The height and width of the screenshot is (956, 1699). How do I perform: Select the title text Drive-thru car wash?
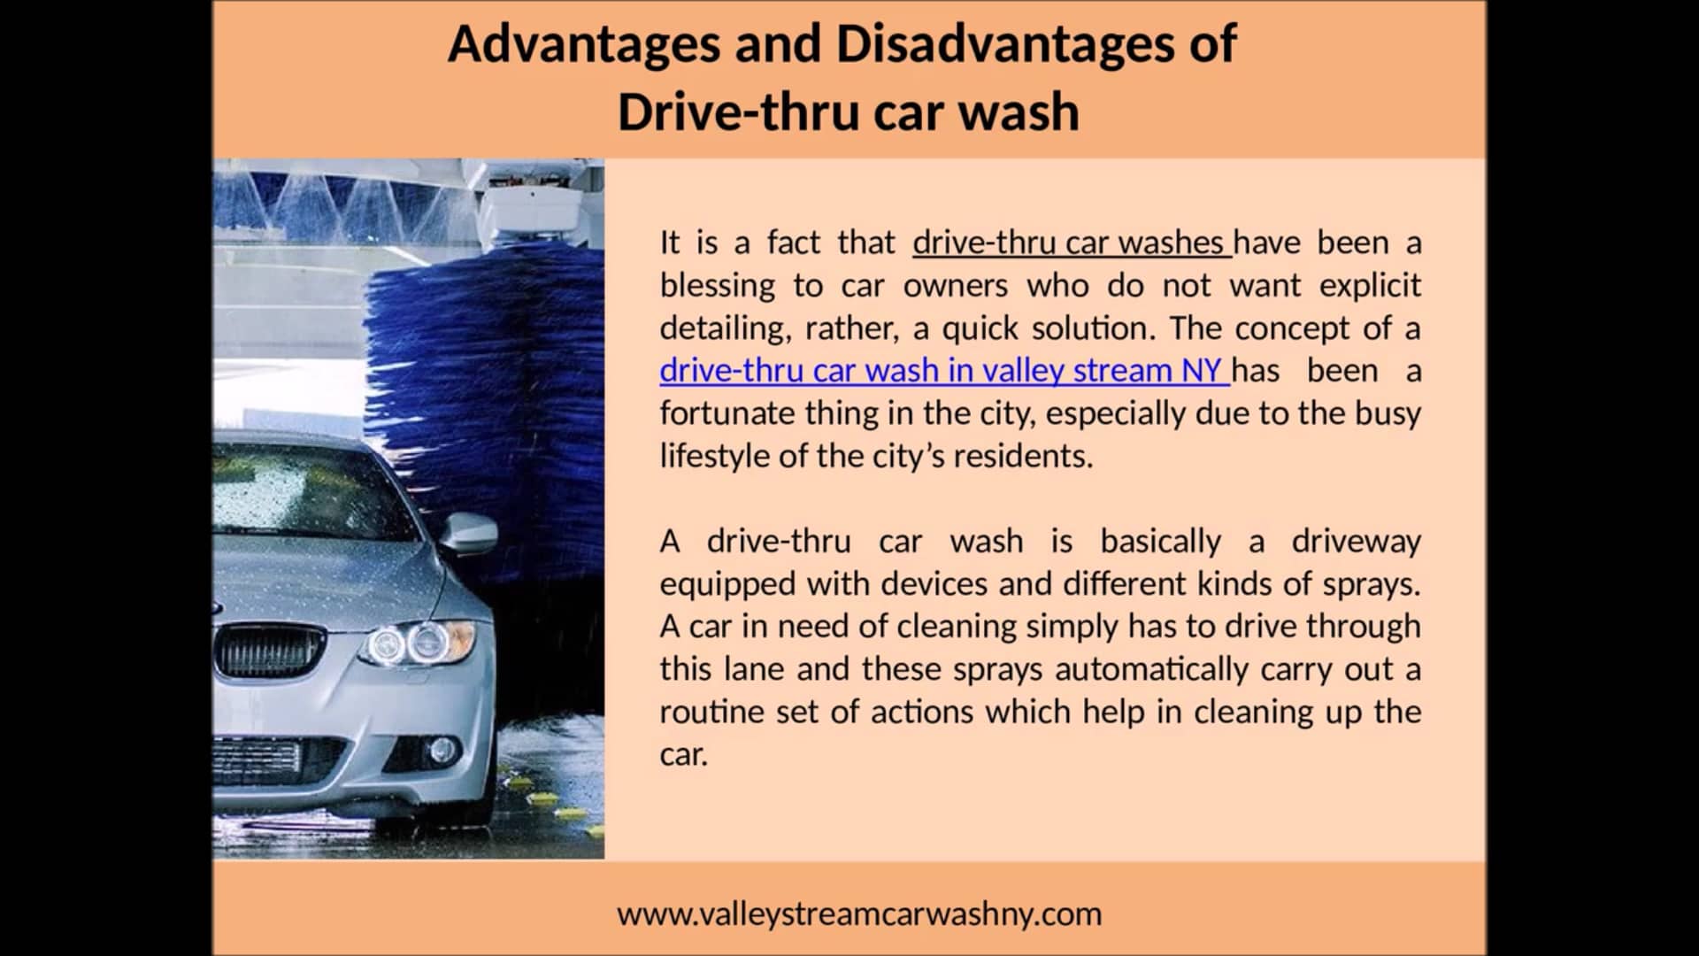(848, 112)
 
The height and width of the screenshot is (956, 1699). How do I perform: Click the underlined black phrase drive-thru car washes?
(1071, 243)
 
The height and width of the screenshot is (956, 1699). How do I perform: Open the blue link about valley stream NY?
(943, 370)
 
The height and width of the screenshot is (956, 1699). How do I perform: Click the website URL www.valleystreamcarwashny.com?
(858, 914)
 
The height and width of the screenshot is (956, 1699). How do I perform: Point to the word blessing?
(717, 286)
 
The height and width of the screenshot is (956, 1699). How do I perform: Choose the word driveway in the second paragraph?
(1356, 541)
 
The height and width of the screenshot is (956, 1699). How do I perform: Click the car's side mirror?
(470, 533)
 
